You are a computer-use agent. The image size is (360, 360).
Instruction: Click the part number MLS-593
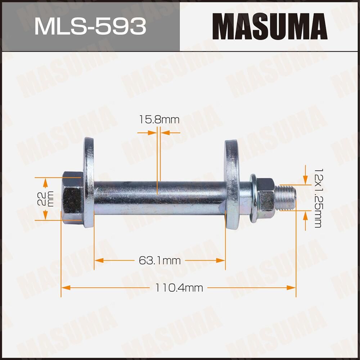click(90, 26)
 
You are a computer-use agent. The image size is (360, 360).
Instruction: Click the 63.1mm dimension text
click(159, 260)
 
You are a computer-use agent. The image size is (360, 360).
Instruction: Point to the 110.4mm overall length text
click(179, 288)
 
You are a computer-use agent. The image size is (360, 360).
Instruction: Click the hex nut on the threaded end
click(266, 194)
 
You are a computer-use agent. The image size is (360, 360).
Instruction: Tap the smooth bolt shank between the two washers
click(158, 198)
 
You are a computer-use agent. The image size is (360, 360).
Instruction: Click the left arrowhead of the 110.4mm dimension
click(65, 288)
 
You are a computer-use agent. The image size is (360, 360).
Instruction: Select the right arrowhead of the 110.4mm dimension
click(292, 288)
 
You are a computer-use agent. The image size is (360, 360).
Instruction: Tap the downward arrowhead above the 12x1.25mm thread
click(305, 180)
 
